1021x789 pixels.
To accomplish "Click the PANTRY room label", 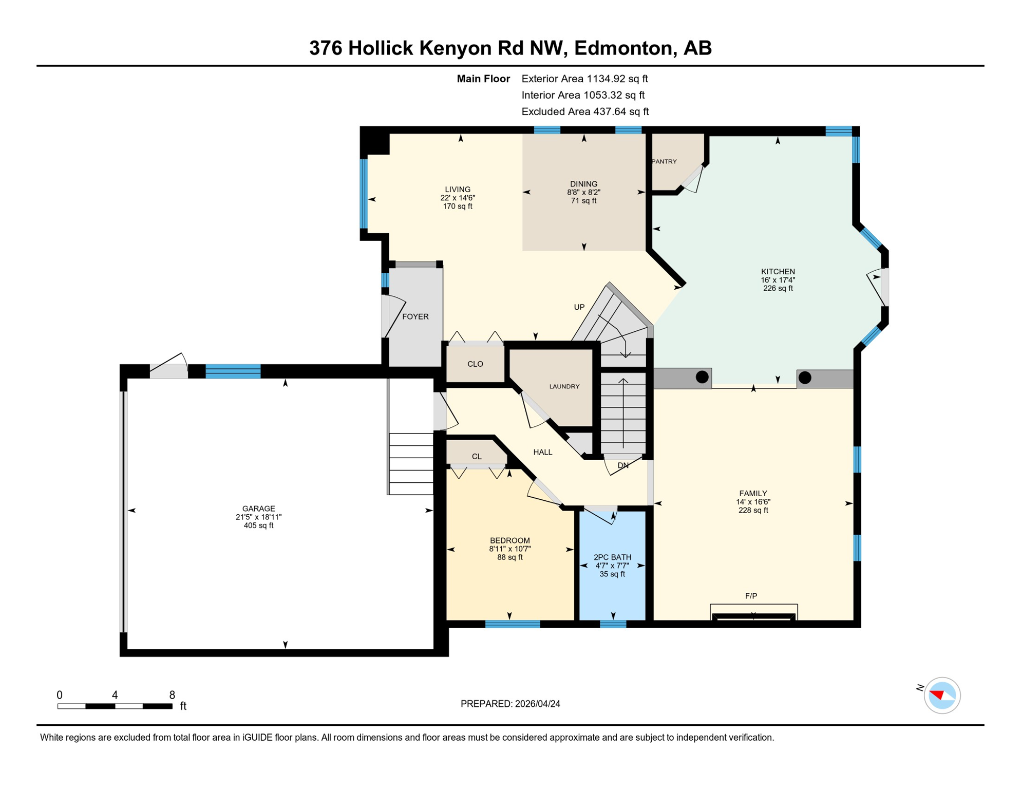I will coord(665,161).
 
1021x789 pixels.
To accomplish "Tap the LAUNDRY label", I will coord(564,386).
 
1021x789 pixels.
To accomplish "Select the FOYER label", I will coord(415,316).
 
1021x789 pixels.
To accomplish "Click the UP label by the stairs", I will coord(579,307).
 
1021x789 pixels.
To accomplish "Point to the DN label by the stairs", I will coord(622,465).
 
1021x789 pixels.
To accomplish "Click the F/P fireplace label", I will coord(751,596).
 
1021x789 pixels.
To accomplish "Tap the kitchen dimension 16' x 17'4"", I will coord(778,280).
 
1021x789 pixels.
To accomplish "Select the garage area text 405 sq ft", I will coord(258,525).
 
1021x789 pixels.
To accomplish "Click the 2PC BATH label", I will coord(612,557).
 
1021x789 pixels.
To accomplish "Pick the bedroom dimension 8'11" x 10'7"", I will coord(509,549).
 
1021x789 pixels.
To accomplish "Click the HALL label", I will coord(542,452).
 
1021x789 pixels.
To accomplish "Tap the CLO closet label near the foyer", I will coord(475,364).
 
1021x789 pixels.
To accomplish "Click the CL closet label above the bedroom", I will coord(477,456).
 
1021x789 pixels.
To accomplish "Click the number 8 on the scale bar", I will coord(172,695).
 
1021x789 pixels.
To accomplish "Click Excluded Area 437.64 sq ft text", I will coord(584,111).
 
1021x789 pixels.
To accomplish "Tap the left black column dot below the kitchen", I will coord(702,377).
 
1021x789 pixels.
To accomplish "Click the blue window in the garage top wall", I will coord(233,371).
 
